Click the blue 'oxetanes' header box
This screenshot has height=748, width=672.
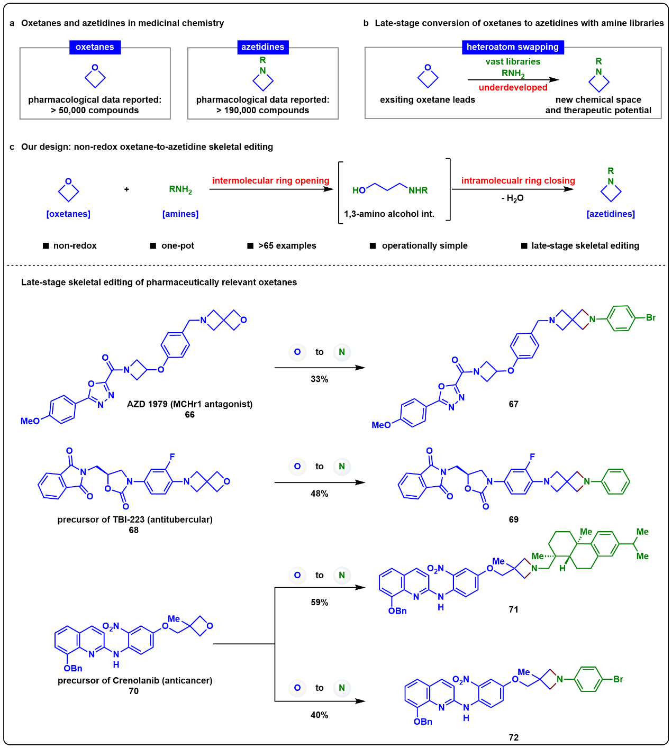pos(95,47)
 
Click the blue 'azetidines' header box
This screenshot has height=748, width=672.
pos(262,47)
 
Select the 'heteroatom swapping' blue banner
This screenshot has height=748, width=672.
pos(513,47)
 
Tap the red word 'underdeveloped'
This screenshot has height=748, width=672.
pos(513,87)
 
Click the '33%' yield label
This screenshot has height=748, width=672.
pos(320,379)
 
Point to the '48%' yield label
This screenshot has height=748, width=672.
pos(320,494)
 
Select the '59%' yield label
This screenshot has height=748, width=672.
pos(320,602)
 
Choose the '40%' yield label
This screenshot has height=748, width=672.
pos(320,715)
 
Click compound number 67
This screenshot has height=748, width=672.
pos(513,404)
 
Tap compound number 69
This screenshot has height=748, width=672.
pos(513,519)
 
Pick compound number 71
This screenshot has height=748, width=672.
pos(513,609)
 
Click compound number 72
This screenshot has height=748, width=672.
pos(513,737)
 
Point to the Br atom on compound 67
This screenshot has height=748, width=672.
pos(651,317)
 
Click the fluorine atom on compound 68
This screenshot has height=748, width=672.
pos(172,457)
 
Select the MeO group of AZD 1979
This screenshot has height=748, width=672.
pos(30,421)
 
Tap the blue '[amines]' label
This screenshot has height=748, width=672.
pos(180,214)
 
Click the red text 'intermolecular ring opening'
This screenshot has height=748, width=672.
pos(270,180)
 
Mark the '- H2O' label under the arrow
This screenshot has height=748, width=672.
pos(513,198)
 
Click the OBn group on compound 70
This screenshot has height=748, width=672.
pos(72,668)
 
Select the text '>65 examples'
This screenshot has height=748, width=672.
pos(287,245)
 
